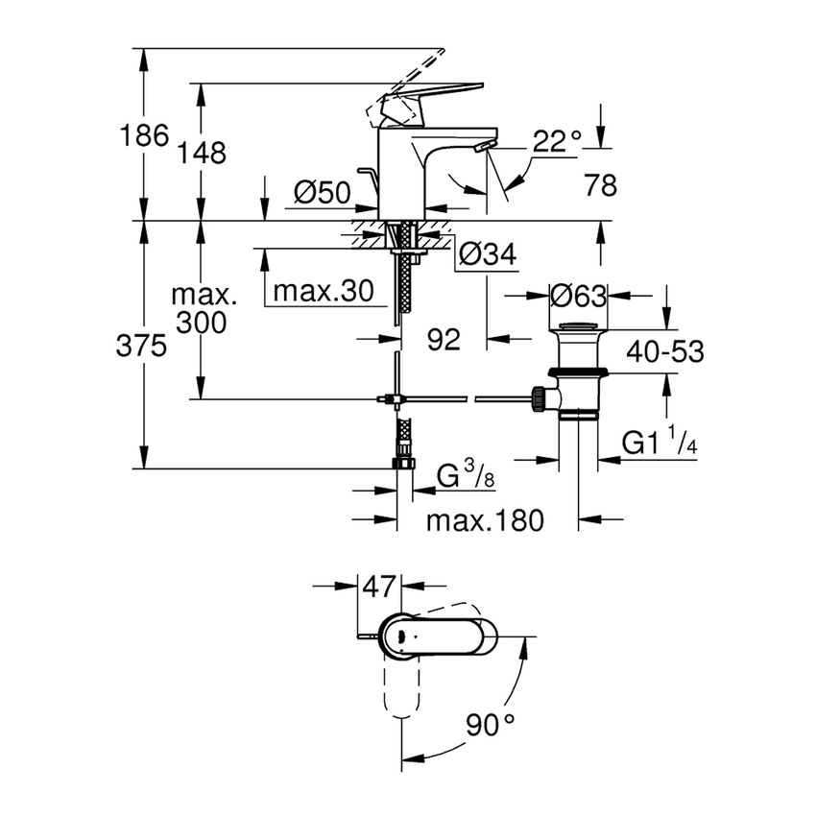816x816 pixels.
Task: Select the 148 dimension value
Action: (x=204, y=152)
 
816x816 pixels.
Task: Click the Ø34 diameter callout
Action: (x=488, y=254)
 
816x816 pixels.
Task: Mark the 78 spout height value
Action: (x=600, y=185)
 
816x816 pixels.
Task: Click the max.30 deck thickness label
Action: (x=322, y=291)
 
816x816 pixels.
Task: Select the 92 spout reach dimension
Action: (x=443, y=338)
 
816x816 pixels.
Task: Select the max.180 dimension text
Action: (x=485, y=520)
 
